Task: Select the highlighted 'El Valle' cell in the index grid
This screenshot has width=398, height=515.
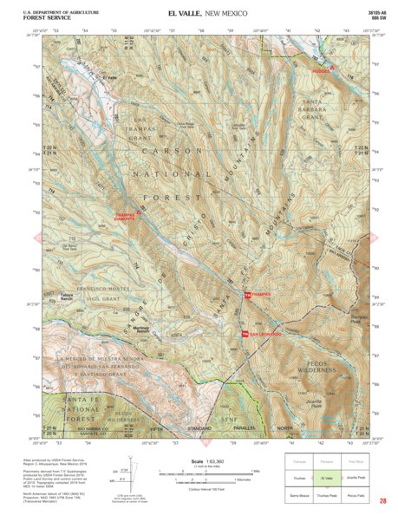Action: pyautogui.click(x=327, y=478)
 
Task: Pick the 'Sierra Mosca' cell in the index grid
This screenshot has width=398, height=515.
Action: pyautogui.click(x=298, y=493)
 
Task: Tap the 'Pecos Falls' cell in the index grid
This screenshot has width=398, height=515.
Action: pyautogui.click(x=356, y=493)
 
